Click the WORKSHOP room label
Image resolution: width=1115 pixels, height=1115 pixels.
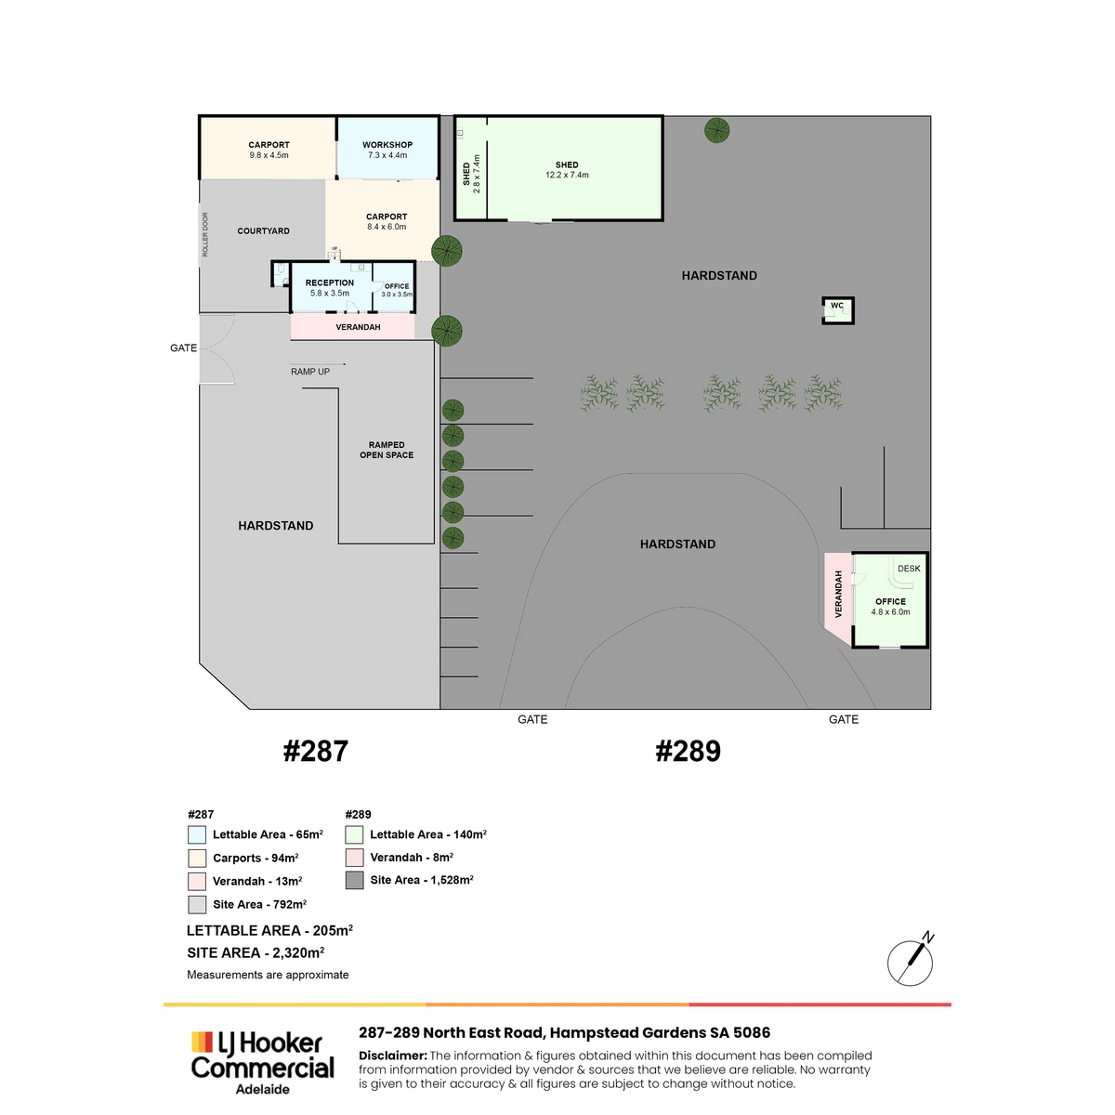pos(387,145)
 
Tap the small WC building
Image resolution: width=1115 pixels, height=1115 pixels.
pos(837,310)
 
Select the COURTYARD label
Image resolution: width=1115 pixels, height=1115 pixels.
pos(263,230)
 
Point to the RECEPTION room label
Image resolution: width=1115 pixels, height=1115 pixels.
pos(329,283)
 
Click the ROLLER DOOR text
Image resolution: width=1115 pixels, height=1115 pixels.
pos(205,234)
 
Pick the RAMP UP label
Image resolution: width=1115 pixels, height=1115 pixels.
pos(310,372)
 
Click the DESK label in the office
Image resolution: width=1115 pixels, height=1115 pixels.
pos(909,569)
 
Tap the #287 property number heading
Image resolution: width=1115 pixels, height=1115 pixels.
pos(315,751)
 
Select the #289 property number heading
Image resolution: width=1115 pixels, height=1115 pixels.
pos(688,751)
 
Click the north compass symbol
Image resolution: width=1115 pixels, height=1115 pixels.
pos(911,964)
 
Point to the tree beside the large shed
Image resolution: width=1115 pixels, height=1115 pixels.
pos(717,131)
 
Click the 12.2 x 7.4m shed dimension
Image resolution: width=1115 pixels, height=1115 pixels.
pos(567,175)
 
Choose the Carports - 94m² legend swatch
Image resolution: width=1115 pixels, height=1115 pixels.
pos(197,859)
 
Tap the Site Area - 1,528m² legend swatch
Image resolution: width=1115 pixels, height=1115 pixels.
pos(354,880)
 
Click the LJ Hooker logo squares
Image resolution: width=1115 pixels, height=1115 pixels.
pos(202,1042)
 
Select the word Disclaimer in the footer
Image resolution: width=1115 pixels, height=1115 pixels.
pos(393,1056)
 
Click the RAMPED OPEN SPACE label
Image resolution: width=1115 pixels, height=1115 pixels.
pos(387,450)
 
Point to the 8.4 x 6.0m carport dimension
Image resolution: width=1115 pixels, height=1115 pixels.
pos(387,227)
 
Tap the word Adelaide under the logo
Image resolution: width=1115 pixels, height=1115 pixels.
pos(263,1090)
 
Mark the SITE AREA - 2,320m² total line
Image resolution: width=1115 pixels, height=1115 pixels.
pos(256,953)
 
